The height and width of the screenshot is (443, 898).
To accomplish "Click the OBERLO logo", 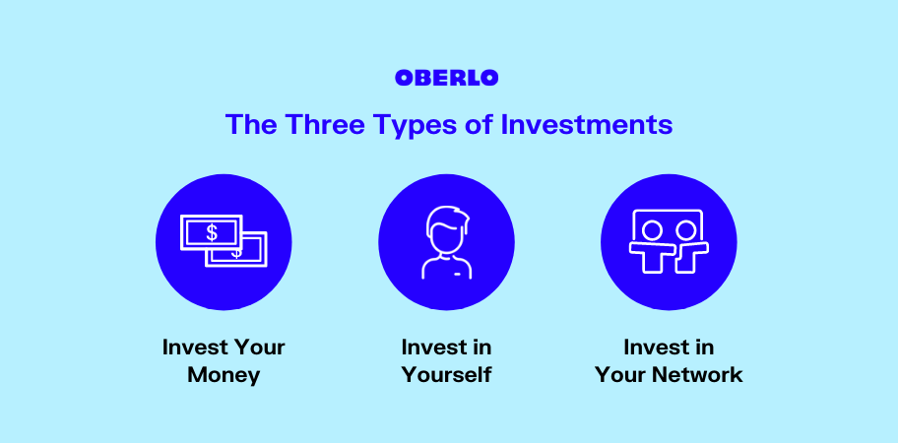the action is tap(446, 78).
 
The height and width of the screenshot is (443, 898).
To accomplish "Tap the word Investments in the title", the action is tap(587, 124).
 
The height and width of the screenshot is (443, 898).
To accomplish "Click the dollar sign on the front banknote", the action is tap(212, 232).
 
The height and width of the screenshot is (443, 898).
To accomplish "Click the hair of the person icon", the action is tap(448, 221).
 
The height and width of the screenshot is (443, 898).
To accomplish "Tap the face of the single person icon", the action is tap(447, 240).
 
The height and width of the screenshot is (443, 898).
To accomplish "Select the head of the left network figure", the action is tap(652, 230).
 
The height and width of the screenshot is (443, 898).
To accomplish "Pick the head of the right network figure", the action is tap(685, 230).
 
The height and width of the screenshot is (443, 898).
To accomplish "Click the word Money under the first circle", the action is tap(224, 375).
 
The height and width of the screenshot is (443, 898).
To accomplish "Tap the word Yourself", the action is tap(446, 375).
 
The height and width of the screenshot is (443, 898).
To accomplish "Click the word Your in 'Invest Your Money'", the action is tap(255, 347).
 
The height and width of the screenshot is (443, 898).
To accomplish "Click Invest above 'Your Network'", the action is tap(654, 347).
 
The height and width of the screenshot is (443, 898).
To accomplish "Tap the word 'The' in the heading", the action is tap(250, 124).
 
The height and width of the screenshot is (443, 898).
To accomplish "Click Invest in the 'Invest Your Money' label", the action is tap(192, 347).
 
